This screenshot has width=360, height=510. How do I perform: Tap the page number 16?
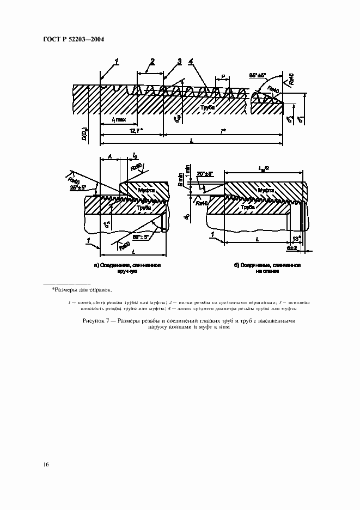(46, 464)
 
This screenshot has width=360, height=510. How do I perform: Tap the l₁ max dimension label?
(118, 119)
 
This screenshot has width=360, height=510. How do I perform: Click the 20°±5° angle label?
(205, 174)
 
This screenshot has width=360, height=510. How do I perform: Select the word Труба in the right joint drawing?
(248, 208)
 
